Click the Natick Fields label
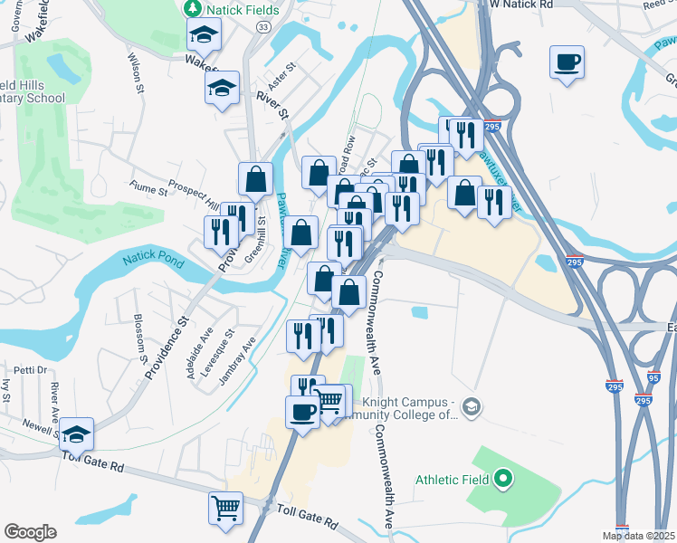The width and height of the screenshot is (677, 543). pos(243,10)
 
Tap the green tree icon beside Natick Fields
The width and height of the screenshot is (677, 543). pos(192,9)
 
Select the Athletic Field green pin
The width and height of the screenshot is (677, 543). pos(505,479)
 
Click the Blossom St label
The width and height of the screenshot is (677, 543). pos(140,337)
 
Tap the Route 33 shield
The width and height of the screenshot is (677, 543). pos(262,28)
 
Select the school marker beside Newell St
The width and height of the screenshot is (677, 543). pos(77,435)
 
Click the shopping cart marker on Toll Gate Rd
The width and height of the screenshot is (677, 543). pos(225,506)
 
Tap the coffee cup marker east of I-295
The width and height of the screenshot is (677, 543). pos(567,62)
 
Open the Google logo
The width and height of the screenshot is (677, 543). pos(30,532)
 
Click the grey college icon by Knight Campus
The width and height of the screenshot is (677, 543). pos(470,407)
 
